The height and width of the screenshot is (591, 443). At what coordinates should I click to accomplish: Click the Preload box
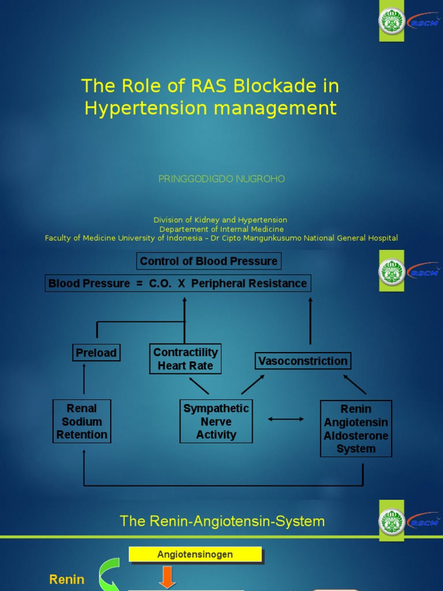pos(96,353)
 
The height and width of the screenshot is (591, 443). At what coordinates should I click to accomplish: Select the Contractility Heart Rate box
pos(185,359)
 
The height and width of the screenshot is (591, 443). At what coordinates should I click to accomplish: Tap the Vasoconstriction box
pos(303,361)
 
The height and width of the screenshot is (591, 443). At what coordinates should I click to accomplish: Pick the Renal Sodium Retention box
pos(82,421)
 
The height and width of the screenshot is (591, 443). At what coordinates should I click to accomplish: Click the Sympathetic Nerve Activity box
pos(216,421)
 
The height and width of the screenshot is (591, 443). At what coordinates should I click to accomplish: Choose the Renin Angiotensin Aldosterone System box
pos(356,429)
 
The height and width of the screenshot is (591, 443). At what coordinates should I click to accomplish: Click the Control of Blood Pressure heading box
pos(209,261)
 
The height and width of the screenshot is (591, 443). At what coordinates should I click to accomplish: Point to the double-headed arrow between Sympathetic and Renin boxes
pos(286,419)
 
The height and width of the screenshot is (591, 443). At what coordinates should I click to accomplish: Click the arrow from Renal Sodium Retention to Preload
pos(84,379)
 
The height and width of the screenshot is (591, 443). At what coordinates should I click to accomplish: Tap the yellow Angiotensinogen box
pos(195,555)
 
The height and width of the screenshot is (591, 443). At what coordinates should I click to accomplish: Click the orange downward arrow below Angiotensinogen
pos(167,578)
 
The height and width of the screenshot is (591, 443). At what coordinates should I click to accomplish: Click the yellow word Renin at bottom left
pos(67,579)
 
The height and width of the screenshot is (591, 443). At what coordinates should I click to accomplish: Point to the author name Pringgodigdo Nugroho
pos(221,179)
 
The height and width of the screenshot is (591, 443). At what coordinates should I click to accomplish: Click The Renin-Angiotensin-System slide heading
pos(222,521)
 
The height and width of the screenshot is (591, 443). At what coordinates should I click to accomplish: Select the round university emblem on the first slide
pos(392,21)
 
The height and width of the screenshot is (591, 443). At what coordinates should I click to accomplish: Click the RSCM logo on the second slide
pos(423,272)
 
